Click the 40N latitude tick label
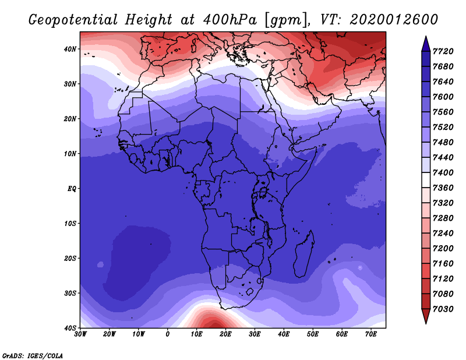(70, 49)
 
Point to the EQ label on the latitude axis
(72, 189)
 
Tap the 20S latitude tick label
(70, 258)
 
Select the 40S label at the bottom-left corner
(70, 328)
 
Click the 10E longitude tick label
(196, 334)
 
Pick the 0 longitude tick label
(168, 334)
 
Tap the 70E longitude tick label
(371, 334)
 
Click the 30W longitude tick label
(80, 334)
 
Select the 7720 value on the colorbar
(443, 51)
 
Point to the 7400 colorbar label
(443, 172)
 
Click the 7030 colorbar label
(443, 309)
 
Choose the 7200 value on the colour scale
(443, 249)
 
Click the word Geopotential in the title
(73, 20)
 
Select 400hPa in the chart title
(230, 20)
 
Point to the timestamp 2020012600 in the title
(394, 20)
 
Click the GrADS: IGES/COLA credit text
(33, 356)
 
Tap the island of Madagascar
(303, 253)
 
